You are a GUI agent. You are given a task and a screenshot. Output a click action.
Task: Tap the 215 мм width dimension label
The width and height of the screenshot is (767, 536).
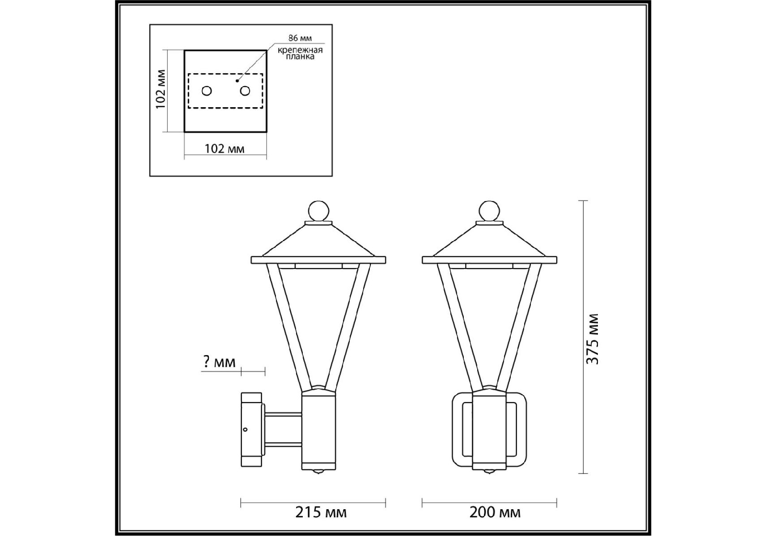321,512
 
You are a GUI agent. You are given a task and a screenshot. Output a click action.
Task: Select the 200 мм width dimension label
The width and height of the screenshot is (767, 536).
495,512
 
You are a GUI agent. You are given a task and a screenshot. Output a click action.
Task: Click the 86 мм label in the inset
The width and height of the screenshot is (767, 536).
300,38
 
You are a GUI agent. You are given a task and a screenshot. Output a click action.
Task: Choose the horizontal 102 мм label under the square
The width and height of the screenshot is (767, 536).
225,149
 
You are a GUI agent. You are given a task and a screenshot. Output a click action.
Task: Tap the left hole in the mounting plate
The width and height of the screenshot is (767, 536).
207,91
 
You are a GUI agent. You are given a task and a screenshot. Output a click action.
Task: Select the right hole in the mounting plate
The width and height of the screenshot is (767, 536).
245,91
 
